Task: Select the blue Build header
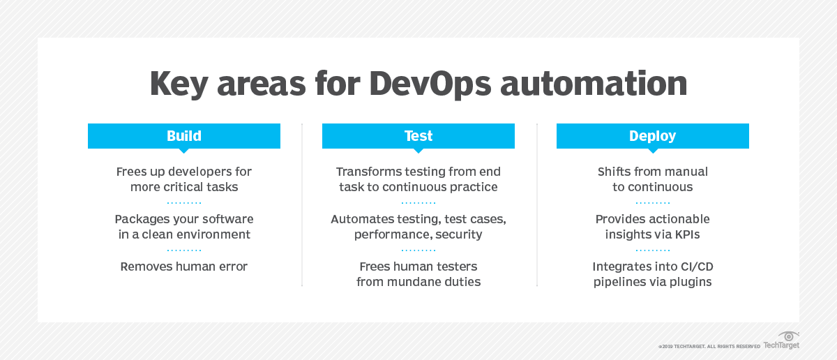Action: coord(183,136)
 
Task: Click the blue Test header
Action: coord(418,136)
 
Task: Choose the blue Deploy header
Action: coord(652,136)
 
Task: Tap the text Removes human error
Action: coord(183,267)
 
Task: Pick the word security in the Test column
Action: coord(458,234)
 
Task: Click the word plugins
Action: coord(690,282)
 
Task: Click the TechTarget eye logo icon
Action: coord(789,336)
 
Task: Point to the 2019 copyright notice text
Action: coord(709,346)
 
